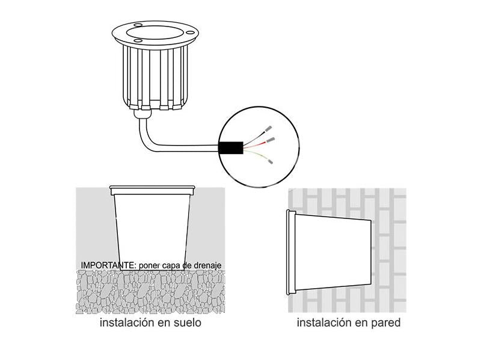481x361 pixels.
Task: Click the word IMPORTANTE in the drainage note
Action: click(x=108, y=265)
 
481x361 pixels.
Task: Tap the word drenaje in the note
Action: click(x=207, y=265)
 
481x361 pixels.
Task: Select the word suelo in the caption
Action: click(x=187, y=322)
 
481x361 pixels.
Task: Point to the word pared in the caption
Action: click(x=385, y=323)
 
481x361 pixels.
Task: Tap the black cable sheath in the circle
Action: click(x=231, y=148)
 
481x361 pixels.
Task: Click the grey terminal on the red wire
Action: click(x=270, y=140)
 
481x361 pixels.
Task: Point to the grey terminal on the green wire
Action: click(x=270, y=161)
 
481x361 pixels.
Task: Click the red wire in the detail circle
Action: click(x=254, y=145)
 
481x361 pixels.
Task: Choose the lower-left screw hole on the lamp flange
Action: click(x=138, y=41)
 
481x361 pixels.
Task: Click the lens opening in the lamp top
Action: click(x=155, y=32)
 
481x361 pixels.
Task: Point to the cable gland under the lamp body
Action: click(x=143, y=114)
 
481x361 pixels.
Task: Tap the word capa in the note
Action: click(x=171, y=266)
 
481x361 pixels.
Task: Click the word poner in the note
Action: click(x=149, y=266)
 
